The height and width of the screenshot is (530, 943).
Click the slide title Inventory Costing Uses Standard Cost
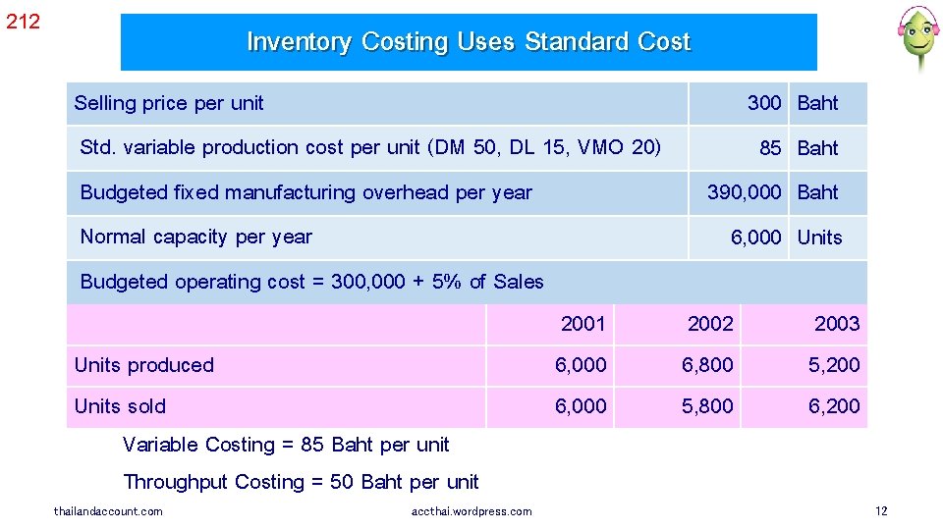pyautogui.click(x=469, y=42)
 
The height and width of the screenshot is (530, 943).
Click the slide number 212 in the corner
pyautogui.click(x=24, y=21)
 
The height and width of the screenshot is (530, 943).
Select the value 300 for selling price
pyautogui.click(x=764, y=103)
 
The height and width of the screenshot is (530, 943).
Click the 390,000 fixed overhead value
pyautogui.click(x=745, y=192)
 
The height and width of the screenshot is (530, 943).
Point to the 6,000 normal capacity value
pyautogui.click(x=755, y=238)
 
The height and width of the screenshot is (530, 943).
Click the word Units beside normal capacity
pyautogui.click(x=819, y=238)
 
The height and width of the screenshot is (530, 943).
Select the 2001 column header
pyautogui.click(x=582, y=324)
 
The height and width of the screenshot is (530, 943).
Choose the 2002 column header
pyautogui.click(x=710, y=324)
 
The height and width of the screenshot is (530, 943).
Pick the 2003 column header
pyautogui.click(x=837, y=324)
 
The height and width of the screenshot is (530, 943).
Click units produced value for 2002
pyautogui.click(x=708, y=365)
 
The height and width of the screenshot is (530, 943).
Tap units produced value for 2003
pyautogui.click(x=834, y=365)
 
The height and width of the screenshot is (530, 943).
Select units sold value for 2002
pyautogui.click(x=708, y=406)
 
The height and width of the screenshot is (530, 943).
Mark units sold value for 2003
pyautogui.click(x=834, y=406)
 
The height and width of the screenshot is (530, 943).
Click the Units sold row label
pyautogui.click(x=121, y=406)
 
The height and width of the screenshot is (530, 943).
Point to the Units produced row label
pyautogui.click(x=144, y=365)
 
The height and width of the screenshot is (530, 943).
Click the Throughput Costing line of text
pyautogui.click(x=301, y=482)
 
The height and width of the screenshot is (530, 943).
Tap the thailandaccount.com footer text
pyautogui.click(x=108, y=511)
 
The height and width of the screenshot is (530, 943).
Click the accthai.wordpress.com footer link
pyautogui.click(x=472, y=511)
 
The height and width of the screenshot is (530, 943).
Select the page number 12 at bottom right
pyautogui.click(x=881, y=511)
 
